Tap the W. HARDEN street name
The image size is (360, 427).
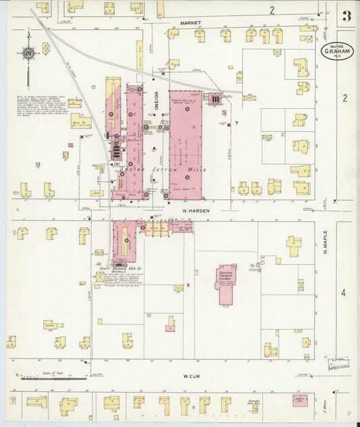pos(195,211)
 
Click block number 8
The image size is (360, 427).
pos(180,286)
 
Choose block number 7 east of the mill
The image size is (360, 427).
pos(236,123)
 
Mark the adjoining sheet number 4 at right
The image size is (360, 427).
pos(344,293)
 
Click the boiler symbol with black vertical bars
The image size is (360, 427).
pos(215,99)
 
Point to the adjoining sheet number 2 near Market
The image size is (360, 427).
pos(272,9)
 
